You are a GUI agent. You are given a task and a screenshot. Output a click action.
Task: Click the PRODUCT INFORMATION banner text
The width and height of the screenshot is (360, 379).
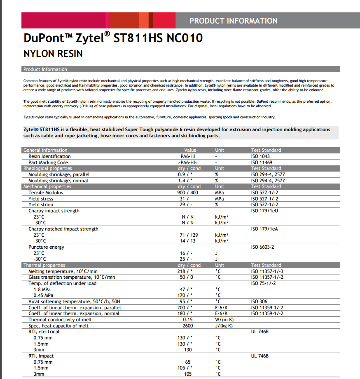click(233, 21)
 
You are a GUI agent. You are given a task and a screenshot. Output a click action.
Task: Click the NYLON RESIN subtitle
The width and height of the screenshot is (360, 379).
click(53, 54)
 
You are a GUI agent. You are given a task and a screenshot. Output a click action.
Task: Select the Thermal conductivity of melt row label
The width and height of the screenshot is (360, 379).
click(60, 320)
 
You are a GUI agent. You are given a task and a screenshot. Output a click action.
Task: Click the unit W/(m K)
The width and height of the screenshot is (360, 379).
click(224, 320)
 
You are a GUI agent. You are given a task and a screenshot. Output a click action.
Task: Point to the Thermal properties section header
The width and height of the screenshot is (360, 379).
click(44, 265)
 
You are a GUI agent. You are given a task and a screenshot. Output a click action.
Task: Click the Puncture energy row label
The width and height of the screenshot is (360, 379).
click(47, 247)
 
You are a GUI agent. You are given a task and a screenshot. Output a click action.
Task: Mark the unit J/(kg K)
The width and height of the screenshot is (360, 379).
click(224, 326)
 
